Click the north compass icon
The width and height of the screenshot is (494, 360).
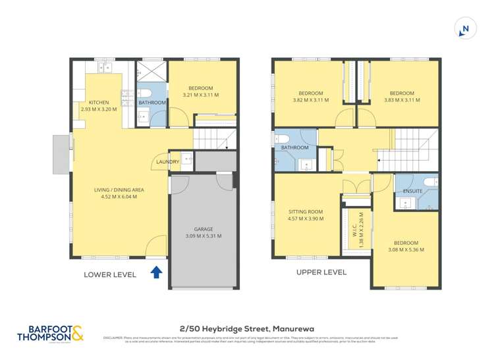click(x=465, y=28)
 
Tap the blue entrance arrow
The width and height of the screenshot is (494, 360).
click(x=157, y=272)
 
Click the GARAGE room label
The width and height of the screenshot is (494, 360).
click(x=203, y=229)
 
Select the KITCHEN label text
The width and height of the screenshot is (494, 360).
click(x=99, y=103)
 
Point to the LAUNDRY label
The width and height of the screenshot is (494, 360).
click(x=168, y=162)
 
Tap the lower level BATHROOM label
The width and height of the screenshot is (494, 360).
click(x=152, y=103)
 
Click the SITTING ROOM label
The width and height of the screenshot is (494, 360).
click(x=306, y=211)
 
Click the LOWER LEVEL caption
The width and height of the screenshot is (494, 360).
click(x=110, y=274)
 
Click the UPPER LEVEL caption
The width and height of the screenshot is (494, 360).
click(x=321, y=272)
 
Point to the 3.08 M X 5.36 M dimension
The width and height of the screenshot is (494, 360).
click(x=405, y=250)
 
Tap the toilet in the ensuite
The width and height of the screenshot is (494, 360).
click(x=429, y=182)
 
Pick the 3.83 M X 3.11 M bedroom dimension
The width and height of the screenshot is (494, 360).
click(x=402, y=100)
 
